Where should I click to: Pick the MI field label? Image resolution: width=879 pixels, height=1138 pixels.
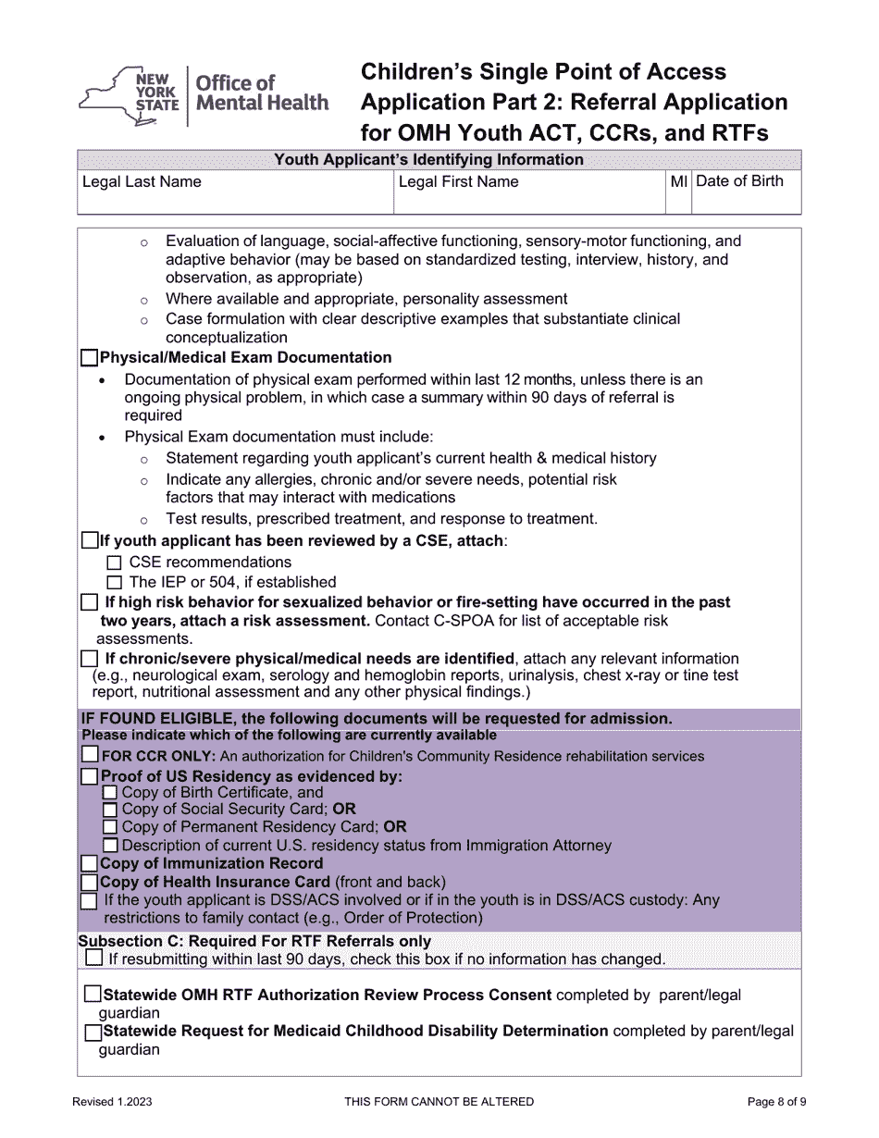(x=678, y=181)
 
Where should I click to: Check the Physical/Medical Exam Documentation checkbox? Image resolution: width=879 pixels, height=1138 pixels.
(x=90, y=358)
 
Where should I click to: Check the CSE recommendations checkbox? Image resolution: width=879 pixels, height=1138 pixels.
(x=114, y=563)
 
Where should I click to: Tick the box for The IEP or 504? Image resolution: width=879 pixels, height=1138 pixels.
(x=114, y=583)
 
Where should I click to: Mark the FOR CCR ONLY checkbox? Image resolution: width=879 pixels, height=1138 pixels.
(x=90, y=756)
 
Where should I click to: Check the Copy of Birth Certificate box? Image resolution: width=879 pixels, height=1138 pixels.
(x=110, y=793)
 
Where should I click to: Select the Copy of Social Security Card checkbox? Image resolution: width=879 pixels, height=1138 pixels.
(x=110, y=810)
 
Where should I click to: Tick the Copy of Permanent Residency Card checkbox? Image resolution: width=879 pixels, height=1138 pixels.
(x=110, y=827)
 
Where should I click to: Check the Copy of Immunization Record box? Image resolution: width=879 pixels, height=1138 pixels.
(x=90, y=863)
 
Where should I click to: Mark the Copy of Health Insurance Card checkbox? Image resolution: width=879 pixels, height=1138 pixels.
(x=90, y=882)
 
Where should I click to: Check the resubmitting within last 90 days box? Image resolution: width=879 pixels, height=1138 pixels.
(x=93, y=959)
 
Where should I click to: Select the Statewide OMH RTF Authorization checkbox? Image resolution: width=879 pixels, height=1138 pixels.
(x=93, y=995)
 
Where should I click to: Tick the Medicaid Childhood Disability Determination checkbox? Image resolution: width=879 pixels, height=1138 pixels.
(x=93, y=1031)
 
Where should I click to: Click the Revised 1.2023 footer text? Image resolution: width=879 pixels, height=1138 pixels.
(x=113, y=1101)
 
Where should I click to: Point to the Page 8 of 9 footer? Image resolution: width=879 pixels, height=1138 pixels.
(x=776, y=1101)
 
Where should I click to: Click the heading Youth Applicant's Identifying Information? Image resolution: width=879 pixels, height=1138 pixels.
(x=428, y=159)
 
